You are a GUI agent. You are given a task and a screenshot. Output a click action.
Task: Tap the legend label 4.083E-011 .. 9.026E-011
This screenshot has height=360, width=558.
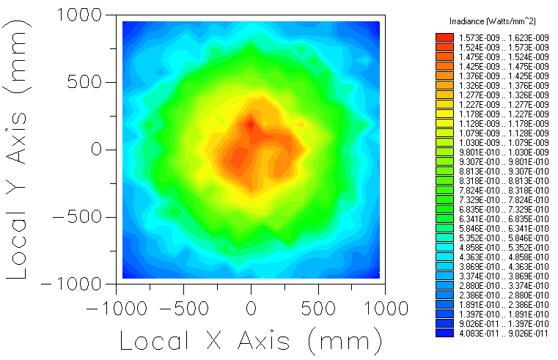point(504,332)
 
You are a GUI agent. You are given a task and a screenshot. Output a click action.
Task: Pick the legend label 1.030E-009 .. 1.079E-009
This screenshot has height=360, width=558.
point(504,142)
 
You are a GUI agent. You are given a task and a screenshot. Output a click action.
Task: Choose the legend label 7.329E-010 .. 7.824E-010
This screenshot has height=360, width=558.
point(504,199)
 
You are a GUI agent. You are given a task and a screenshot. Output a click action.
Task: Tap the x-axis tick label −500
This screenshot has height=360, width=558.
point(184,306)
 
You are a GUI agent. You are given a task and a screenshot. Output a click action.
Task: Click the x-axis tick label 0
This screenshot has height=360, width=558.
point(252,306)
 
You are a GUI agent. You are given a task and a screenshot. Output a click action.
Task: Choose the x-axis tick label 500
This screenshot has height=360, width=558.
point(319,306)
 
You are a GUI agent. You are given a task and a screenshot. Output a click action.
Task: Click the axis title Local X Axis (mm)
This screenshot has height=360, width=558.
point(252,340)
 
